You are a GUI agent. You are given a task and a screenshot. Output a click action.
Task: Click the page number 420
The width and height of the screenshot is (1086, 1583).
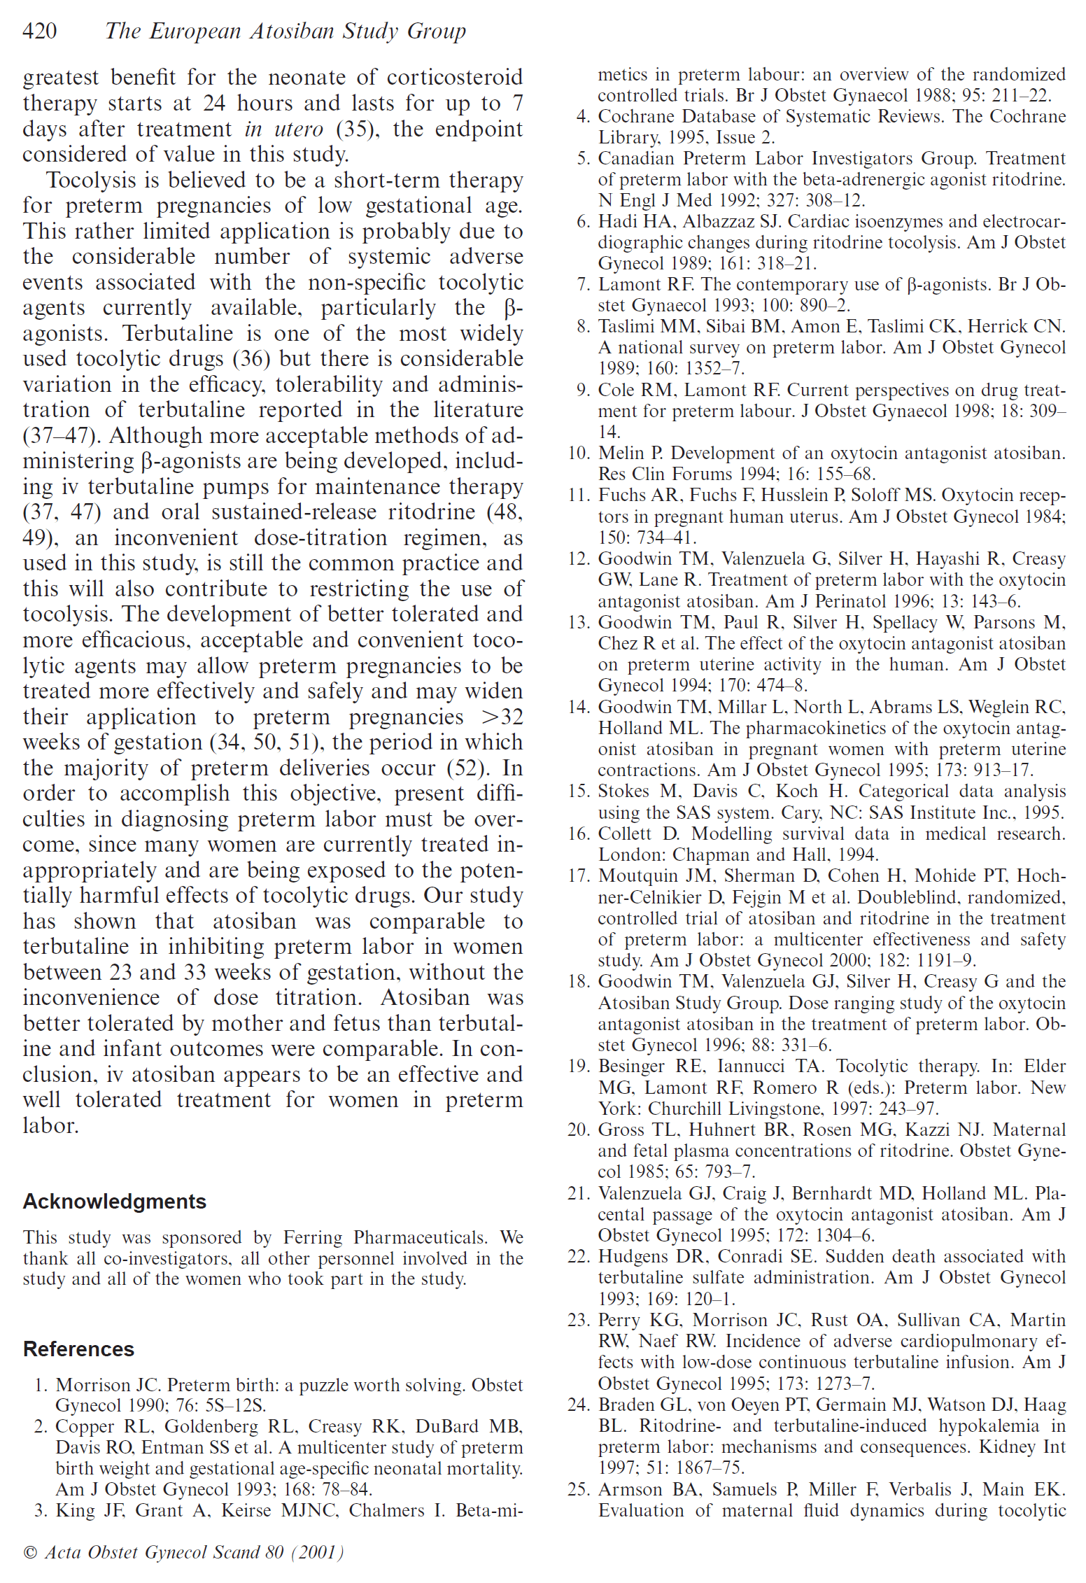tap(40, 31)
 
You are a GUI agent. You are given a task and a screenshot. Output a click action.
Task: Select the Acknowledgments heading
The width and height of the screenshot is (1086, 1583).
tap(114, 1201)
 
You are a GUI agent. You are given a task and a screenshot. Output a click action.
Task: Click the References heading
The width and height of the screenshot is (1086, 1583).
tap(78, 1349)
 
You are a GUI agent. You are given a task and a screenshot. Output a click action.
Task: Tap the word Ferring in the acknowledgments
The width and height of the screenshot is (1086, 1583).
tap(311, 1237)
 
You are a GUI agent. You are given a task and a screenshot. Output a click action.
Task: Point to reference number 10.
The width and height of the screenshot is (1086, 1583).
tap(579, 453)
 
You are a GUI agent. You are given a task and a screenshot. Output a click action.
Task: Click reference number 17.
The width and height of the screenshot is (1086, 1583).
tap(579, 876)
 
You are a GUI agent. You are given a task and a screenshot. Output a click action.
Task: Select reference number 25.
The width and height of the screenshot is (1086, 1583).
tap(579, 1489)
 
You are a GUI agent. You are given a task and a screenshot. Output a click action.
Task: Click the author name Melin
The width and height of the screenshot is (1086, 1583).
tap(621, 453)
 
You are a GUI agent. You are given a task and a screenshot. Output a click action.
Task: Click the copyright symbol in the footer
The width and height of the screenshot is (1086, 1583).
tap(30, 1552)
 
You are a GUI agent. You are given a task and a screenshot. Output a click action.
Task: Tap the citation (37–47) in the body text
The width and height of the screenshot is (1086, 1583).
tap(58, 436)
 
